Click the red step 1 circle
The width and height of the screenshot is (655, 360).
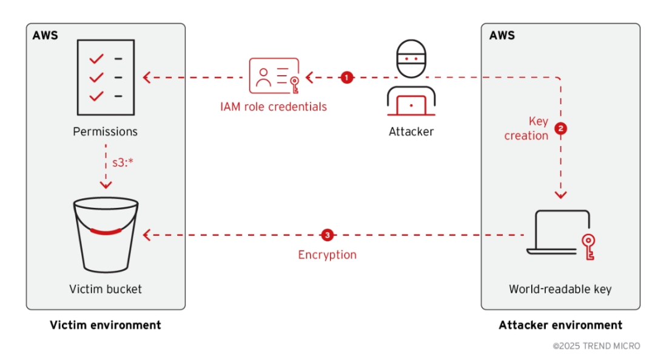pyautogui.click(x=346, y=78)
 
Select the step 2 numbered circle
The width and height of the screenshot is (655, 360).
pyautogui.click(x=561, y=128)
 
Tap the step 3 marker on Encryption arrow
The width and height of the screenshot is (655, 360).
pyautogui.click(x=327, y=235)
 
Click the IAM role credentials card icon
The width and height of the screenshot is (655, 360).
pyautogui.click(x=274, y=77)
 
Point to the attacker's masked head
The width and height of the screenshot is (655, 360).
pyautogui.click(x=411, y=58)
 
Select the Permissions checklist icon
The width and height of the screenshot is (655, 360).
pyautogui.click(x=105, y=78)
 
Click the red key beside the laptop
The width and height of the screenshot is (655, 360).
pyautogui.click(x=588, y=245)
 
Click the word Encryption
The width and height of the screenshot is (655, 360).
pyautogui.click(x=327, y=255)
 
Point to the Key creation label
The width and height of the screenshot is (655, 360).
pyautogui.click(x=526, y=128)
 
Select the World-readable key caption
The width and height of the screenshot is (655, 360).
pyautogui.click(x=560, y=289)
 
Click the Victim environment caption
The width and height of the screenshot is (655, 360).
pyautogui.click(x=106, y=325)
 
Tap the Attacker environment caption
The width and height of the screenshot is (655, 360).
pyautogui.click(x=560, y=325)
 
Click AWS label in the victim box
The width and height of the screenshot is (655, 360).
pyautogui.click(x=45, y=35)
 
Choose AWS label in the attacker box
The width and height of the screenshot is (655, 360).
pyautogui.click(x=502, y=35)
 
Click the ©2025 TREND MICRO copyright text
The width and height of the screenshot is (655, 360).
pyautogui.click(x=596, y=346)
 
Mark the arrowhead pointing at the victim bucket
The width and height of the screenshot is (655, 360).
pyautogui.click(x=147, y=235)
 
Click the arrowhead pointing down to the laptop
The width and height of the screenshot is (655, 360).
pyautogui.click(x=561, y=195)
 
